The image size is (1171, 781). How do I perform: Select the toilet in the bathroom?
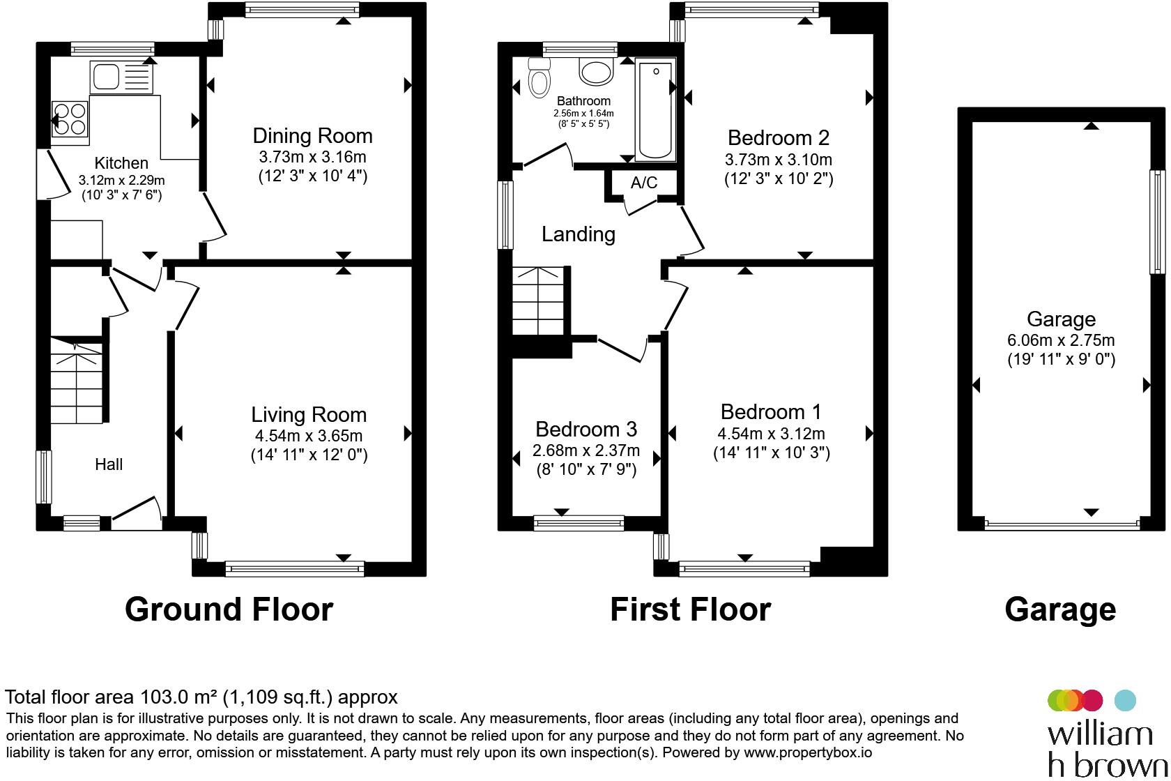(539, 77)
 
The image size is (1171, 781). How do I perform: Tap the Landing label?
(578, 234)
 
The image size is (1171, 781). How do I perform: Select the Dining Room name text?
(312, 136)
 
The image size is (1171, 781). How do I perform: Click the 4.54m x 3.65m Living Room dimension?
(309, 436)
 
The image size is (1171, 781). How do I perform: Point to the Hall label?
(109, 464)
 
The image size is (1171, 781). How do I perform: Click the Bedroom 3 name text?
(585, 429)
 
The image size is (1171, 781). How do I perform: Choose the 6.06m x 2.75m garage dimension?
(1061, 340)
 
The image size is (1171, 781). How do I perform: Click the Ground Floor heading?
(229, 609)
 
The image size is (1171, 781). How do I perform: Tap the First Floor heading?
(690, 609)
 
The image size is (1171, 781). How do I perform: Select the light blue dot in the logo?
(1126, 699)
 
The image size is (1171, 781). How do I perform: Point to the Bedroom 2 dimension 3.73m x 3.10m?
(779, 160)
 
